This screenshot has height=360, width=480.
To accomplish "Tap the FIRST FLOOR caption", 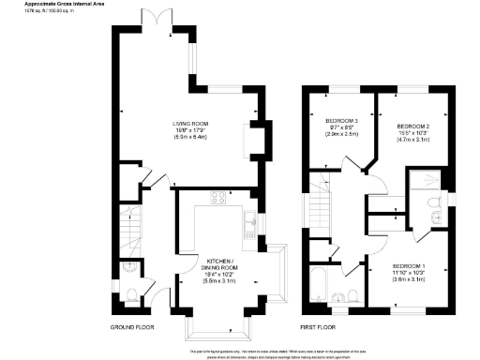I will [318, 328].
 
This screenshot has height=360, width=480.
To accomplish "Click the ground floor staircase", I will [130, 228].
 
